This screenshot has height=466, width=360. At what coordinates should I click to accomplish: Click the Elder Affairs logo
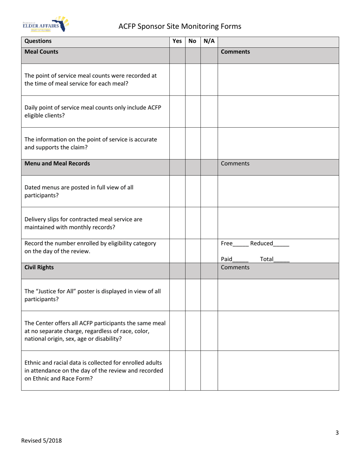[45, 25]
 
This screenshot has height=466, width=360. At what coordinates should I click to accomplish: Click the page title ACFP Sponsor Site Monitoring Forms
[180, 26]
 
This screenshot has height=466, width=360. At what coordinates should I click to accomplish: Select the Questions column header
[38, 41]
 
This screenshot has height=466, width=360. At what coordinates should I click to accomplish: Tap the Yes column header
[177, 41]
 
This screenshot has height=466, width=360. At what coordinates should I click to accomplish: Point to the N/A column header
[209, 41]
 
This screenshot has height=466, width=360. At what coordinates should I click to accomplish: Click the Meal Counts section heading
[41, 52]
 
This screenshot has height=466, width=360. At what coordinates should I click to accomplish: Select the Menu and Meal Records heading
[57, 164]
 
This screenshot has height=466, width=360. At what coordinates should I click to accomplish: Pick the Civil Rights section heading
[39, 267]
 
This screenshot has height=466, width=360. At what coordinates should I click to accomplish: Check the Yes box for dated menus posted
[177, 191]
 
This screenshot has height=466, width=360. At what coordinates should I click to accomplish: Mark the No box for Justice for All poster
[193, 295]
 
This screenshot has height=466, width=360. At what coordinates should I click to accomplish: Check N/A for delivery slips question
[209, 223]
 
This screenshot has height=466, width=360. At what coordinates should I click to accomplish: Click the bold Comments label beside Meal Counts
[235, 52]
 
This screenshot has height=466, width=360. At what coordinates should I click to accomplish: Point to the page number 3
[337, 433]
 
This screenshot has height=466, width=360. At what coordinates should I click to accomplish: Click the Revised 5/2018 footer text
[41, 440]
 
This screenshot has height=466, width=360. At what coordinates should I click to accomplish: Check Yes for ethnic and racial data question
[177, 370]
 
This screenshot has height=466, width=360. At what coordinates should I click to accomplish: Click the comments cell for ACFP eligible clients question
[278, 111]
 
